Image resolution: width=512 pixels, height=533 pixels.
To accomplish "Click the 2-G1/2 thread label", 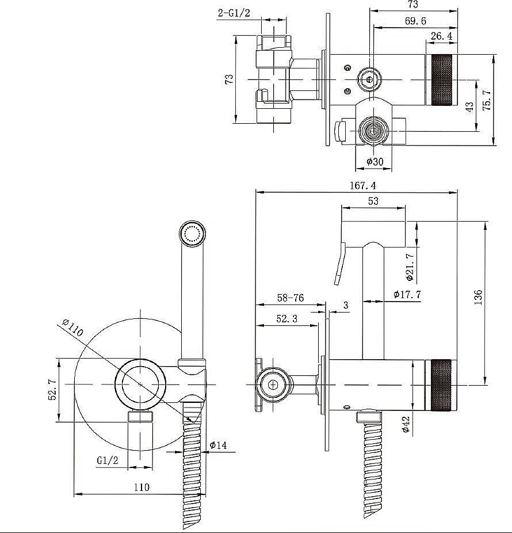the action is click(234, 13).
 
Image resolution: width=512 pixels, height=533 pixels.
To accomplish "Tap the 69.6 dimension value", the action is click(415, 21).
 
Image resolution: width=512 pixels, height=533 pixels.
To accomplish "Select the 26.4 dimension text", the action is click(441, 36).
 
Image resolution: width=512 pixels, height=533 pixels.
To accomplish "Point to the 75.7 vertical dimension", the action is click(487, 100).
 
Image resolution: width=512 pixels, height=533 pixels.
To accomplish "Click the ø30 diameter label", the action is click(375, 162).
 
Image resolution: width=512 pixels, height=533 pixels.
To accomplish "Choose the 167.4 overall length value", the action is click(363, 185).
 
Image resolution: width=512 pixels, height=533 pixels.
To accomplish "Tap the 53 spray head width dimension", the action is click(373, 201).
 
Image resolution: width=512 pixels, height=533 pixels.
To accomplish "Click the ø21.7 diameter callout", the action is click(410, 267).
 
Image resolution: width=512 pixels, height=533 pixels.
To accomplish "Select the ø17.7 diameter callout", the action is click(407, 294).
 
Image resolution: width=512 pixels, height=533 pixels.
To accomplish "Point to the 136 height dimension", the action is click(477, 297).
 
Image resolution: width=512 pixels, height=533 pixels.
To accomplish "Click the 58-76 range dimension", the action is click(291, 298).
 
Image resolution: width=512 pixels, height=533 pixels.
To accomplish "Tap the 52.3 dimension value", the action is click(286, 318).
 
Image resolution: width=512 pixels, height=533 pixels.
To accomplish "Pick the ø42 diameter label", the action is click(406, 424).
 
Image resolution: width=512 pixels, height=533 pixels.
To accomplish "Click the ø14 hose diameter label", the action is click(218, 445).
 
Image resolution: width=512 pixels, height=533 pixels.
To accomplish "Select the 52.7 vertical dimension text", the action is click(52, 390).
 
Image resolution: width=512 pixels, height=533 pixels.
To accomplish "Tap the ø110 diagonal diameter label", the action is click(72, 328).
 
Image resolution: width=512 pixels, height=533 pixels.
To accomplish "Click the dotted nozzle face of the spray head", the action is click(192, 233).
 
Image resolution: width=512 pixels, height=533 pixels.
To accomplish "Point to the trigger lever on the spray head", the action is click(340, 264).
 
